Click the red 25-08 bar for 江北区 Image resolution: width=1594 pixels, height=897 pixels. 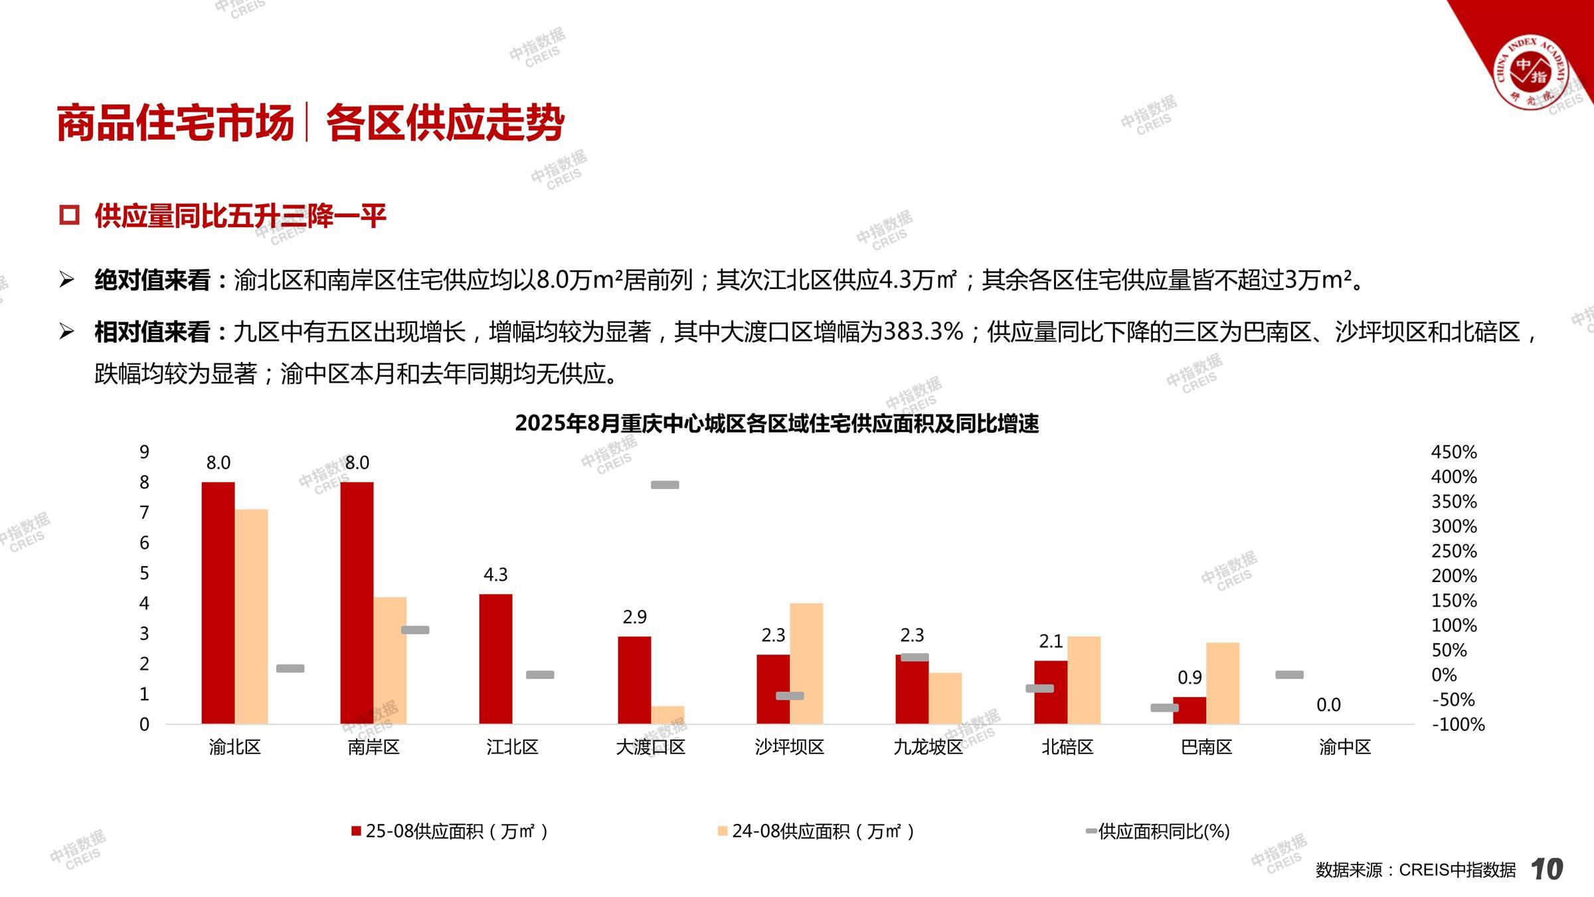click(495, 658)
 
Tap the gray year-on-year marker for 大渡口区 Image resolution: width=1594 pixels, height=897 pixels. click(665, 485)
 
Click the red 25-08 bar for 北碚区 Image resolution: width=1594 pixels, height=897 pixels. click(1051, 692)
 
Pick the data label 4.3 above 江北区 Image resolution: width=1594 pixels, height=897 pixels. click(495, 575)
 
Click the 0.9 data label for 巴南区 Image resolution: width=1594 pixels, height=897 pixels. click(1190, 678)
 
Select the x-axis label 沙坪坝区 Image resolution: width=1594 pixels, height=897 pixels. click(790, 747)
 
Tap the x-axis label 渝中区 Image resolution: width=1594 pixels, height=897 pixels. click(1345, 747)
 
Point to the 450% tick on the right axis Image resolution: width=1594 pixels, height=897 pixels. click(1454, 452)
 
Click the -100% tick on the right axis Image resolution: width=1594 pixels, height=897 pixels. click(1458, 724)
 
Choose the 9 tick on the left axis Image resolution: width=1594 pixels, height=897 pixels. click(144, 452)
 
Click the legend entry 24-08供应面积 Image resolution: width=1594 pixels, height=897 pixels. click(816, 831)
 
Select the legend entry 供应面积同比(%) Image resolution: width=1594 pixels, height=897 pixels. click(1158, 831)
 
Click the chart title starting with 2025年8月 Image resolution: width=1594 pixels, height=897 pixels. click(776, 423)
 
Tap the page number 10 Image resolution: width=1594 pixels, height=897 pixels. click(1547, 869)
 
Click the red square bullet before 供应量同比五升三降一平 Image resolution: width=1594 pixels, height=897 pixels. click(69, 215)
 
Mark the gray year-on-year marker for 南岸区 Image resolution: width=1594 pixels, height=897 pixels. click(415, 630)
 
